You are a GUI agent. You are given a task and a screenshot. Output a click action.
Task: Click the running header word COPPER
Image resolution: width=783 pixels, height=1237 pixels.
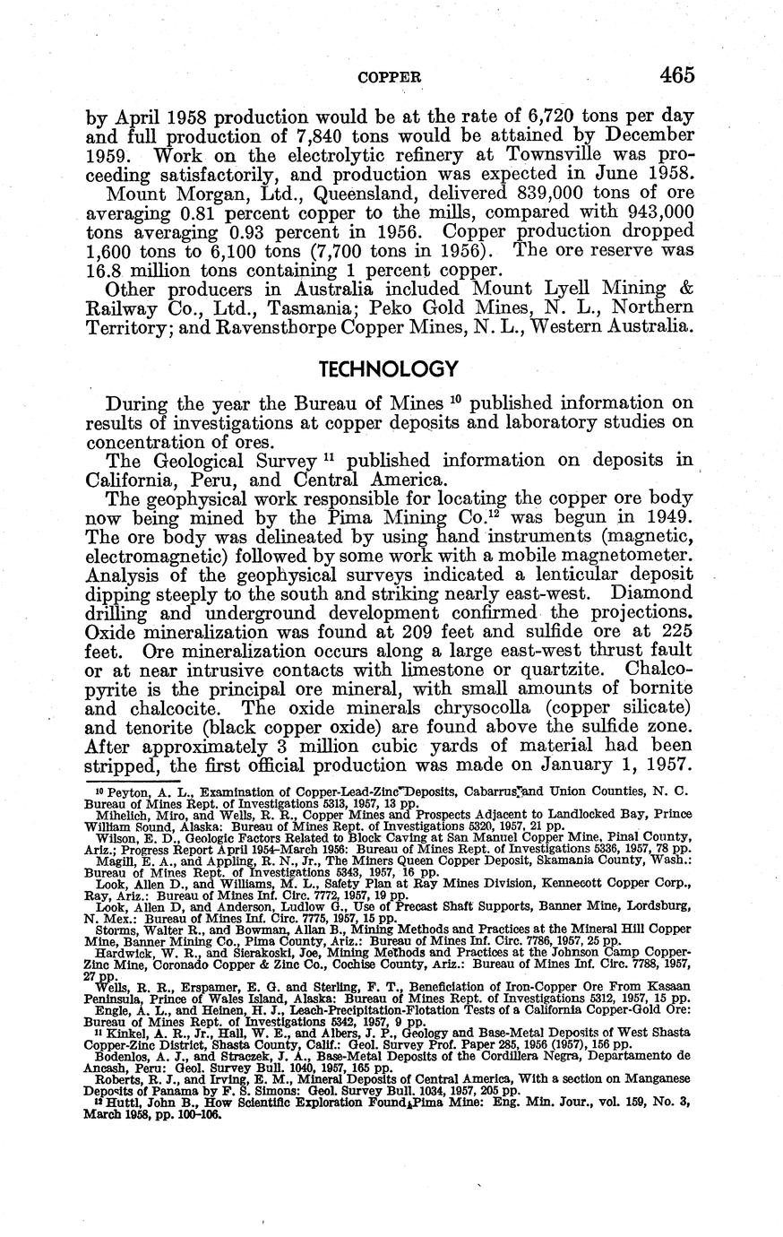390,78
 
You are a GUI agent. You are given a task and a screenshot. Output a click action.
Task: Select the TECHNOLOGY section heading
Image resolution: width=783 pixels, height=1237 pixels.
389,369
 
